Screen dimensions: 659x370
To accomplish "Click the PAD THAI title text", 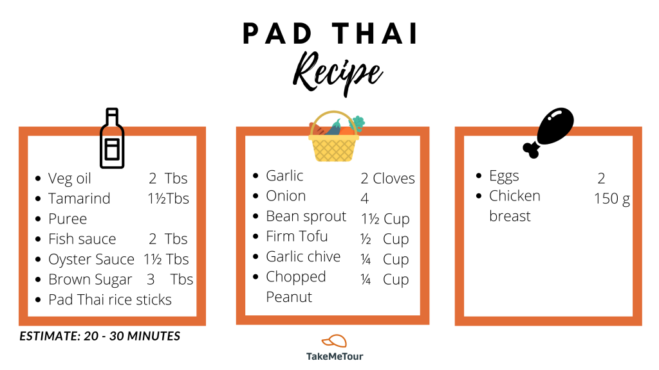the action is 330,33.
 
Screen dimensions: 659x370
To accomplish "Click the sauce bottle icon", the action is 112,139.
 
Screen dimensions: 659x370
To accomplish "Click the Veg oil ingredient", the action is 70,179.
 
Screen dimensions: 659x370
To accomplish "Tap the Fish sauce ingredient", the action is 82,239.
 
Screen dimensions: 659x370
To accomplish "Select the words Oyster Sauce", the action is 91,260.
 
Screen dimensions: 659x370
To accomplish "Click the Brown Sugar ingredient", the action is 90,279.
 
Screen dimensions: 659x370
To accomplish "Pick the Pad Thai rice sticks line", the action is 109,299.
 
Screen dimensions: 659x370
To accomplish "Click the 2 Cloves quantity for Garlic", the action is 387,179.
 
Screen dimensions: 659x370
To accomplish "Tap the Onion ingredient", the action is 286,196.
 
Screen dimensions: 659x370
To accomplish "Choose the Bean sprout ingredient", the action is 306,216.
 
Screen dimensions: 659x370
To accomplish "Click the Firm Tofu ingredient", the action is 297,236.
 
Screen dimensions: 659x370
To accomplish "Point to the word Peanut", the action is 289,297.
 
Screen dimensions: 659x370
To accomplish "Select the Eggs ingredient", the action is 504,176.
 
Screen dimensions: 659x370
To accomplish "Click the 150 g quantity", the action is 612,199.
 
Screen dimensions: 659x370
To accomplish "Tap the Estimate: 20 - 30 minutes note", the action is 100,336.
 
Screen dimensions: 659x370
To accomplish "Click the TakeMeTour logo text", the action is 335,356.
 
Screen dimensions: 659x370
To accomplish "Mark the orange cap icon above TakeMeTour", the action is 335,341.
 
